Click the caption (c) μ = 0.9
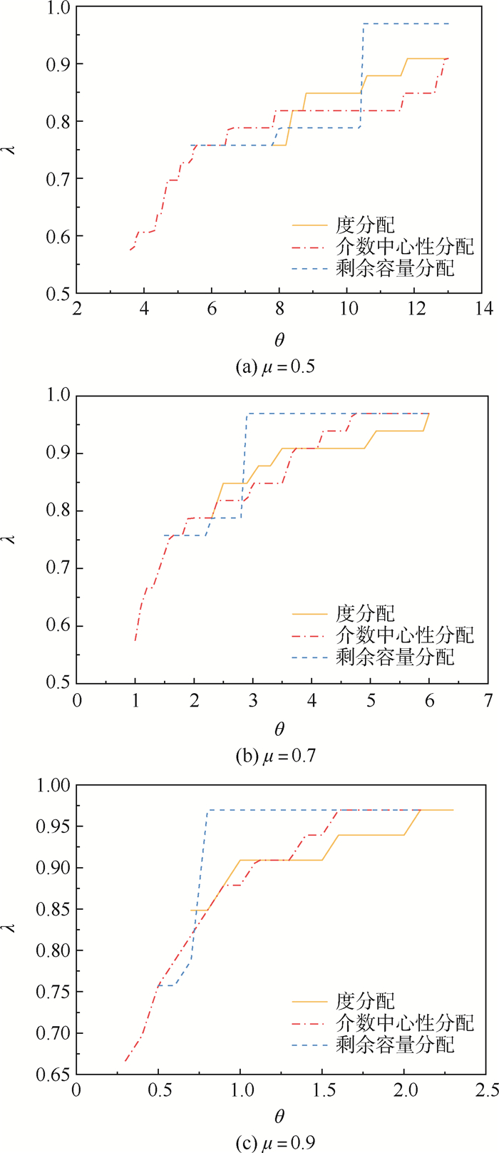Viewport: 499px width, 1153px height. pyautogui.click(x=275, y=1142)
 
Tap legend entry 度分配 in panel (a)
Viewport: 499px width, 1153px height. pyautogui.click(x=364, y=225)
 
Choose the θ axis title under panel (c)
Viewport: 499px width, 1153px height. pyautogui.click(x=279, y=1114)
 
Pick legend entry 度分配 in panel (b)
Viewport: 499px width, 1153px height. pyautogui.click(x=364, y=613)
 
